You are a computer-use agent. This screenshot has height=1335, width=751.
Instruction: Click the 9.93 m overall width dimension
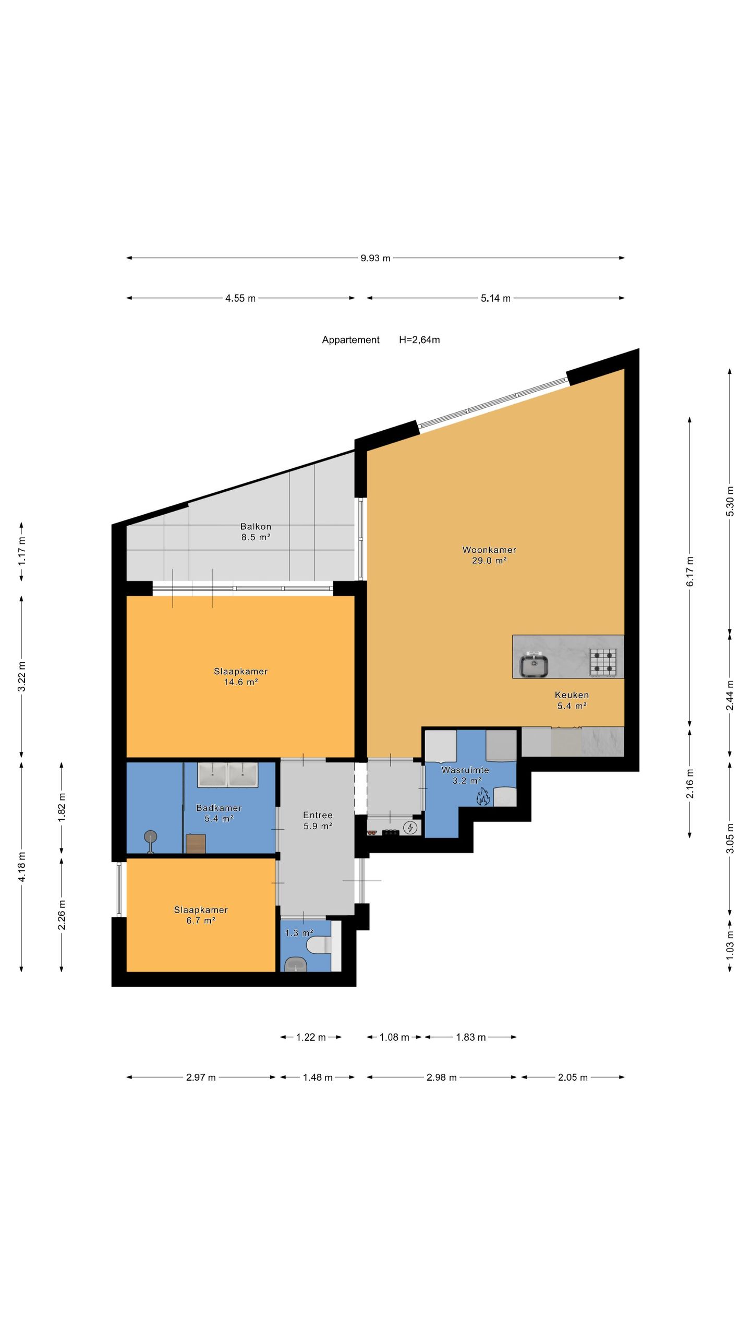pyautogui.click(x=375, y=258)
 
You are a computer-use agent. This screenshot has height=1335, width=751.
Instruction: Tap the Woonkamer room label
pyautogui.click(x=489, y=550)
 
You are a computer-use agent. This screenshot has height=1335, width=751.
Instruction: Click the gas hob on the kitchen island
pyautogui.click(x=603, y=662)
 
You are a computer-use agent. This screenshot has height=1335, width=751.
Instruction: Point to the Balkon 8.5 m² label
pyautogui.click(x=256, y=532)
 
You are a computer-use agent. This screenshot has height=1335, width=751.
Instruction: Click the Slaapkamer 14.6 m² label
pyautogui.click(x=241, y=676)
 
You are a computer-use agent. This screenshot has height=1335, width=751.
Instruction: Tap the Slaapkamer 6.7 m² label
pyautogui.click(x=201, y=915)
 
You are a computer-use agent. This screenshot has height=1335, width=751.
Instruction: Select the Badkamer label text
pyautogui.click(x=219, y=808)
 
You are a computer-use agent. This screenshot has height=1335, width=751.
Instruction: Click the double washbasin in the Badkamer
pyautogui.click(x=228, y=775)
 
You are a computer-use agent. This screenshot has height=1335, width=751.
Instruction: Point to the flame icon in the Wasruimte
pyautogui.click(x=482, y=797)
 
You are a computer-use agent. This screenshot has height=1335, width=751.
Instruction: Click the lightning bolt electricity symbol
pyautogui.click(x=411, y=827)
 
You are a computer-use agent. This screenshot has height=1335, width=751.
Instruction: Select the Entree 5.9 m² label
pyautogui.click(x=318, y=820)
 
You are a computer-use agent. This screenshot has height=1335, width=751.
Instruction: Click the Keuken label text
pyautogui.click(x=572, y=695)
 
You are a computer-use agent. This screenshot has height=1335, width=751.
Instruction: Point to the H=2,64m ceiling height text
pyautogui.click(x=419, y=340)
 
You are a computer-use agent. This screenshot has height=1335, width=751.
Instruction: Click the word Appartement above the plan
pyautogui.click(x=350, y=340)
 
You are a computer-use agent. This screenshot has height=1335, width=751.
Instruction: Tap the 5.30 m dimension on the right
pyautogui.click(x=730, y=501)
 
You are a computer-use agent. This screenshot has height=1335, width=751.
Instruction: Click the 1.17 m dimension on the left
pyautogui.click(x=21, y=551)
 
